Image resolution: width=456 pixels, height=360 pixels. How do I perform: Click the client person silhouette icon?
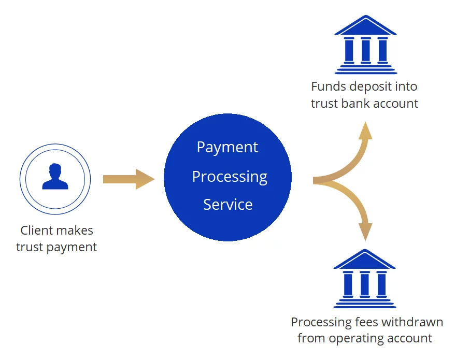[x=55, y=177]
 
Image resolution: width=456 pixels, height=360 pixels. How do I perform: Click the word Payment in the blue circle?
[x=227, y=147]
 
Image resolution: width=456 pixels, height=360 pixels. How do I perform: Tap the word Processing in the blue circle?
[x=230, y=177]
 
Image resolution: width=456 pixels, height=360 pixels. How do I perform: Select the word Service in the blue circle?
[x=228, y=205]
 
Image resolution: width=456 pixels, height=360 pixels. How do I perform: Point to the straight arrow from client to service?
[x=127, y=179]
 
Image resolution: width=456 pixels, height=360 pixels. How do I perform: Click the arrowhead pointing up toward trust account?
[x=366, y=129]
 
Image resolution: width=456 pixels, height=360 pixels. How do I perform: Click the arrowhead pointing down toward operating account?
[x=366, y=233]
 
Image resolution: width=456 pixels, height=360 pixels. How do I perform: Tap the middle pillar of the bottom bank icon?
[x=365, y=283]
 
